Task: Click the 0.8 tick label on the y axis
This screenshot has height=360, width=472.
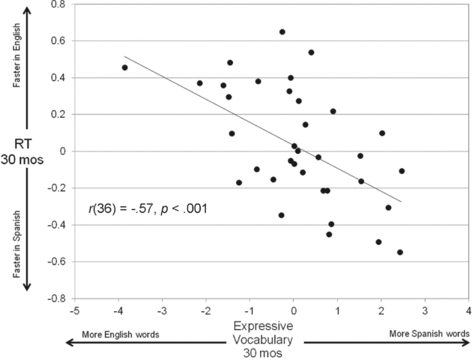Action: click(x=56, y=4)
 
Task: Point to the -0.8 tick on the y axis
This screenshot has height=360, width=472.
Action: click(x=55, y=298)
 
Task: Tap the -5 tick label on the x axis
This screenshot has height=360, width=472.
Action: click(x=73, y=310)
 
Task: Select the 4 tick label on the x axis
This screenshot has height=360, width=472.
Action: click(x=468, y=310)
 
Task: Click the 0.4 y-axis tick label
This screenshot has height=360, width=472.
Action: click(x=56, y=77)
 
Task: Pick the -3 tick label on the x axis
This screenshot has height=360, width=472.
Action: click(x=161, y=310)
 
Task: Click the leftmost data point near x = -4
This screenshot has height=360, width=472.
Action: click(x=124, y=67)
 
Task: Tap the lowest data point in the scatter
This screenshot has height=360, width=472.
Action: click(x=400, y=252)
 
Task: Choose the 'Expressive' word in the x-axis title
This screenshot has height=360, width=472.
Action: click(x=262, y=327)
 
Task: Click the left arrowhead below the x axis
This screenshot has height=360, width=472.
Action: click(x=69, y=341)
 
